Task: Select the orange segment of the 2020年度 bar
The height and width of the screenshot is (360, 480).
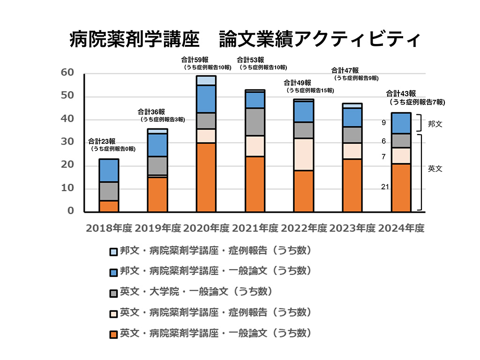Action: coord(206,177)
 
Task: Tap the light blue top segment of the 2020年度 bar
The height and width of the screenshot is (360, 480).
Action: coord(206,80)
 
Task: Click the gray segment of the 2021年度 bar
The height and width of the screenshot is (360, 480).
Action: coord(255,122)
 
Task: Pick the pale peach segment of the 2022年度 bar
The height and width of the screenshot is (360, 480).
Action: coord(303,154)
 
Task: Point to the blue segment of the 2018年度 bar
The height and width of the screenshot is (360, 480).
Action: coord(108,171)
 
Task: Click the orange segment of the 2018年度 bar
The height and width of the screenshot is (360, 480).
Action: coord(108,206)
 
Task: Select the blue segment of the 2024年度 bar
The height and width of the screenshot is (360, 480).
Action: coord(401,123)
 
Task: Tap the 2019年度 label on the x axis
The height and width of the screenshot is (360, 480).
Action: coord(157,229)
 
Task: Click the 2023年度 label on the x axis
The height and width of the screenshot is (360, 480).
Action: coord(352,229)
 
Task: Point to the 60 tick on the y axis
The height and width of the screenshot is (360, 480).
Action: coord(67,73)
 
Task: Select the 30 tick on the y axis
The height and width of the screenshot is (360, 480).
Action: coord(67,142)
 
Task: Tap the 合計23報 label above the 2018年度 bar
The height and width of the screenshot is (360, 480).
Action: coord(101,141)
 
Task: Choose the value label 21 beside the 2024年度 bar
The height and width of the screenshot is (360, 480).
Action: coord(385,187)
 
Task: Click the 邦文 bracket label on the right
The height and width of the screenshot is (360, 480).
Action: coord(435,124)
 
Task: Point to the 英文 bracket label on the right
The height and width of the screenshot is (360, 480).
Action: coord(435,169)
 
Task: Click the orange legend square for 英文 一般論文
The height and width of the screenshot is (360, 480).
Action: coord(113,334)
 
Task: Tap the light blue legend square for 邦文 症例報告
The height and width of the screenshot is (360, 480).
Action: coord(113,252)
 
